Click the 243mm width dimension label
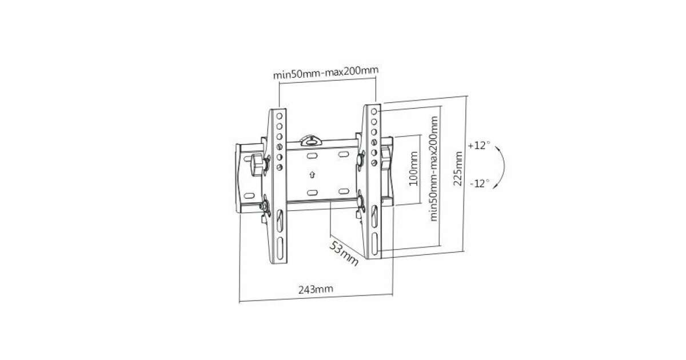click(x=316, y=289)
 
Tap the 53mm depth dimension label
click(x=344, y=254)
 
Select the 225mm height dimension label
click(x=458, y=169)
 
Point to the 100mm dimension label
click(x=414, y=169)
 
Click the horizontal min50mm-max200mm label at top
click(x=326, y=73)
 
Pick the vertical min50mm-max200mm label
click(x=434, y=169)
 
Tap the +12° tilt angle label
click(x=478, y=145)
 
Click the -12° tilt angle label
click(x=480, y=183)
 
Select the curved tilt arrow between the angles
click(x=504, y=167)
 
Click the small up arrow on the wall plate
click(x=312, y=175)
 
